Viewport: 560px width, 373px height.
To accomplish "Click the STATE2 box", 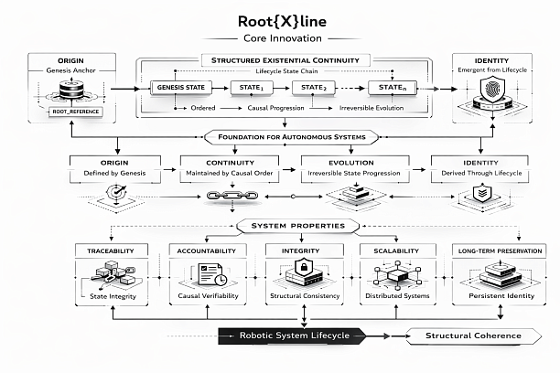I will click(x=313, y=88).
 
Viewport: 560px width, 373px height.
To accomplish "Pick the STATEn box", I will click(x=392, y=88).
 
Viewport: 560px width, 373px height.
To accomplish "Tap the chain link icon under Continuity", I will click(x=224, y=196).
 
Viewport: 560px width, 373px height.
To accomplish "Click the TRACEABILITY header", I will click(x=110, y=250).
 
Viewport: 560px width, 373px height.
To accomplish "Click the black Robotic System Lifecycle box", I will click(x=291, y=336).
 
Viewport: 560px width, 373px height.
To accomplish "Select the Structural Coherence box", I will click(x=473, y=336).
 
